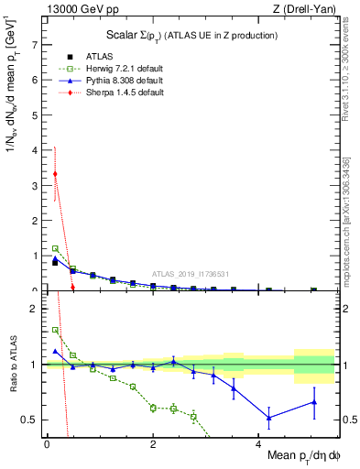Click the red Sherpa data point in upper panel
click(55, 174)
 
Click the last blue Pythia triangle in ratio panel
click(314, 402)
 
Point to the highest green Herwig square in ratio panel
click(55, 330)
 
